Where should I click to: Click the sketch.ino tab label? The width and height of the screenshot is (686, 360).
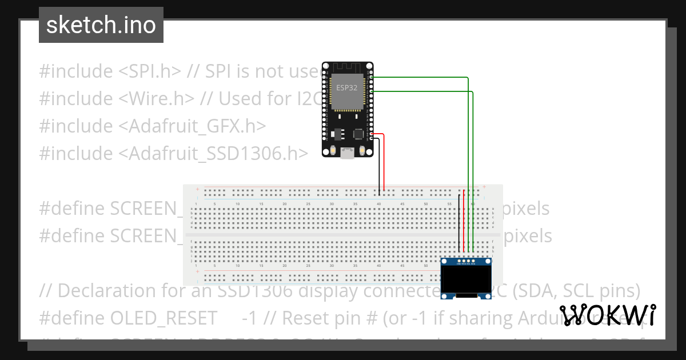(x=101, y=25)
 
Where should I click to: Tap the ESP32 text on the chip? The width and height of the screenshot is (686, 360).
(x=346, y=88)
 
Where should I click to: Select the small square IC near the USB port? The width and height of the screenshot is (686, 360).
(x=358, y=134)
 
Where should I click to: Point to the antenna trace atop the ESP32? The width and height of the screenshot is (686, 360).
(x=346, y=67)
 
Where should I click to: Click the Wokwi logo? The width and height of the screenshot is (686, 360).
(x=608, y=315)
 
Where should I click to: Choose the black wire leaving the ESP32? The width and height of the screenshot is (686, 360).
(x=379, y=166)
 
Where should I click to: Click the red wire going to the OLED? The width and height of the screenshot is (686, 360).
(x=464, y=223)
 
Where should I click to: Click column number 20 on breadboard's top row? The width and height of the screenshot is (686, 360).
(x=284, y=204)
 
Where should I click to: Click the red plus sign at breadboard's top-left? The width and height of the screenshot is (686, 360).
(x=197, y=189)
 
